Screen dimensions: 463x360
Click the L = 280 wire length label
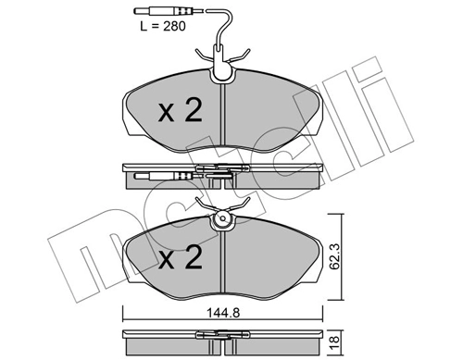[x=163, y=26]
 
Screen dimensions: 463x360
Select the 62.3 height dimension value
[x=334, y=256]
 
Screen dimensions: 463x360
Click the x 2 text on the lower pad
[x=181, y=257]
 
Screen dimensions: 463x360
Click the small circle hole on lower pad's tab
[x=223, y=218]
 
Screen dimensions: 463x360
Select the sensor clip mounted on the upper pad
[x=222, y=64]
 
